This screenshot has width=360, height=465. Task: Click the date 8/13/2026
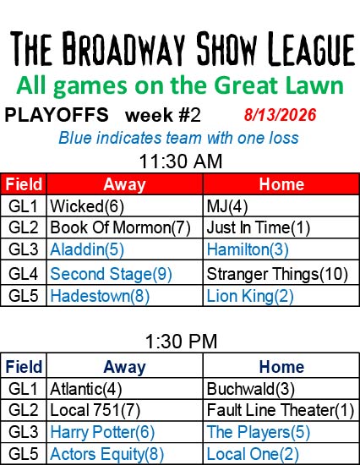tap(280, 115)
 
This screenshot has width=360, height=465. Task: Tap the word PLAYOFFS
tap(57, 115)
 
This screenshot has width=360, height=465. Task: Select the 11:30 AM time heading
tap(181, 161)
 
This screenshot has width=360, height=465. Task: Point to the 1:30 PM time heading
tap(181, 342)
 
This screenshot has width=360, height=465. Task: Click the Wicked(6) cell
tap(87, 206)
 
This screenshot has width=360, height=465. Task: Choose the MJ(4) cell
tap(227, 206)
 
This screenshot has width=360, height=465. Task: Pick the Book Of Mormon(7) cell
tap(120, 227)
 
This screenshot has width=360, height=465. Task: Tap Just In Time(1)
tap(259, 227)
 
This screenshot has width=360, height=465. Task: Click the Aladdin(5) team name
tap(87, 249)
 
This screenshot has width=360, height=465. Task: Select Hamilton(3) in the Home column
tap(248, 249)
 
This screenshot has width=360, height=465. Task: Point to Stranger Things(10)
tap(277, 274)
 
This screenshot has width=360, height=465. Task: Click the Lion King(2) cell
tap(250, 296)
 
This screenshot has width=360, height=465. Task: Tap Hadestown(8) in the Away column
tap(100, 296)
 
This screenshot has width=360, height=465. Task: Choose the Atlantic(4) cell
tap(85, 389)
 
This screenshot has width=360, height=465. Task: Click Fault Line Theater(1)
tap(281, 410)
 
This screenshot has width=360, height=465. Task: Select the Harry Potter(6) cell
tap(102, 432)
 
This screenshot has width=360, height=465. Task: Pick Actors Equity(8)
tap(106, 454)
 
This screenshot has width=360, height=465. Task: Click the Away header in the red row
tap(124, 184)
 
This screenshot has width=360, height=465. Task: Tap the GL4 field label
tap(24, 274)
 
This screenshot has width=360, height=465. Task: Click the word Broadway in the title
tap(123, 48)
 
